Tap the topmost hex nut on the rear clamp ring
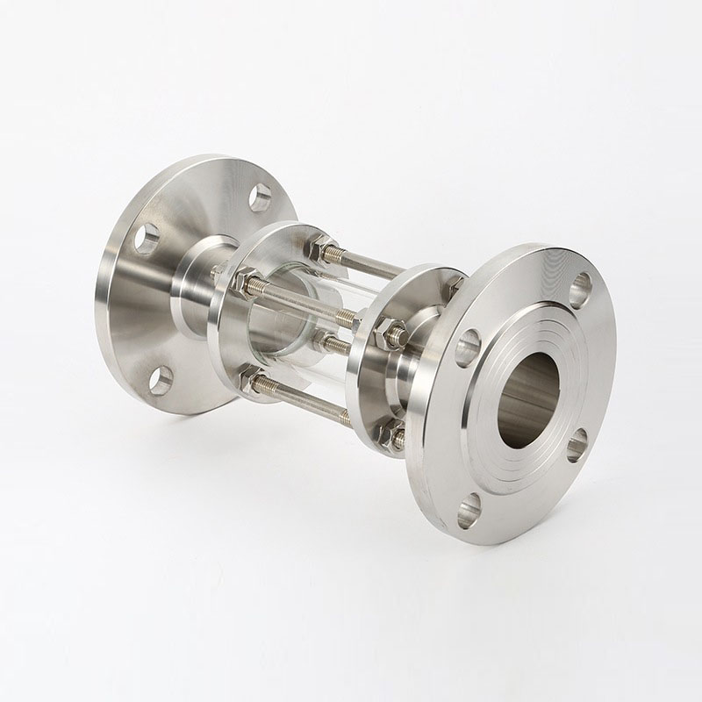pos(324,249)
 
